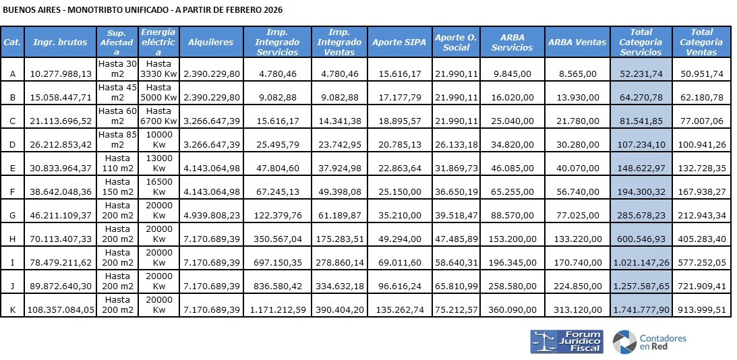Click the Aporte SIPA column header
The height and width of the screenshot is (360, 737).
[x=399, y=42]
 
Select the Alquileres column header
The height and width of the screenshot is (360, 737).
[x=210, y=42]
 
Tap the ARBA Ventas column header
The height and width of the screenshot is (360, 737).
[x=574, y=42]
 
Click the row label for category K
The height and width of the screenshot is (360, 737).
[x=11, y=309]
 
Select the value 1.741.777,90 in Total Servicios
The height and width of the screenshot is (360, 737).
[x=641, y=309]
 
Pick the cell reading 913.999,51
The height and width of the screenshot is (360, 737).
[x=701, y=309]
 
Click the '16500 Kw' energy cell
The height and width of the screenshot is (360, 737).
[x=158, y=187]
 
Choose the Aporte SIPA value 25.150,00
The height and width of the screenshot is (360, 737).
[x=399, y=191]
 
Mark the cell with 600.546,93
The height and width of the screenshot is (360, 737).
[x=641, y=239]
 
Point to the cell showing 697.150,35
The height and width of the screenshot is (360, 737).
[x=277, y=262]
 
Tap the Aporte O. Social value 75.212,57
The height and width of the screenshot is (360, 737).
[x=456, y=309]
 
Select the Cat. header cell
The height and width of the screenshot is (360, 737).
[x=11, y=42]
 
